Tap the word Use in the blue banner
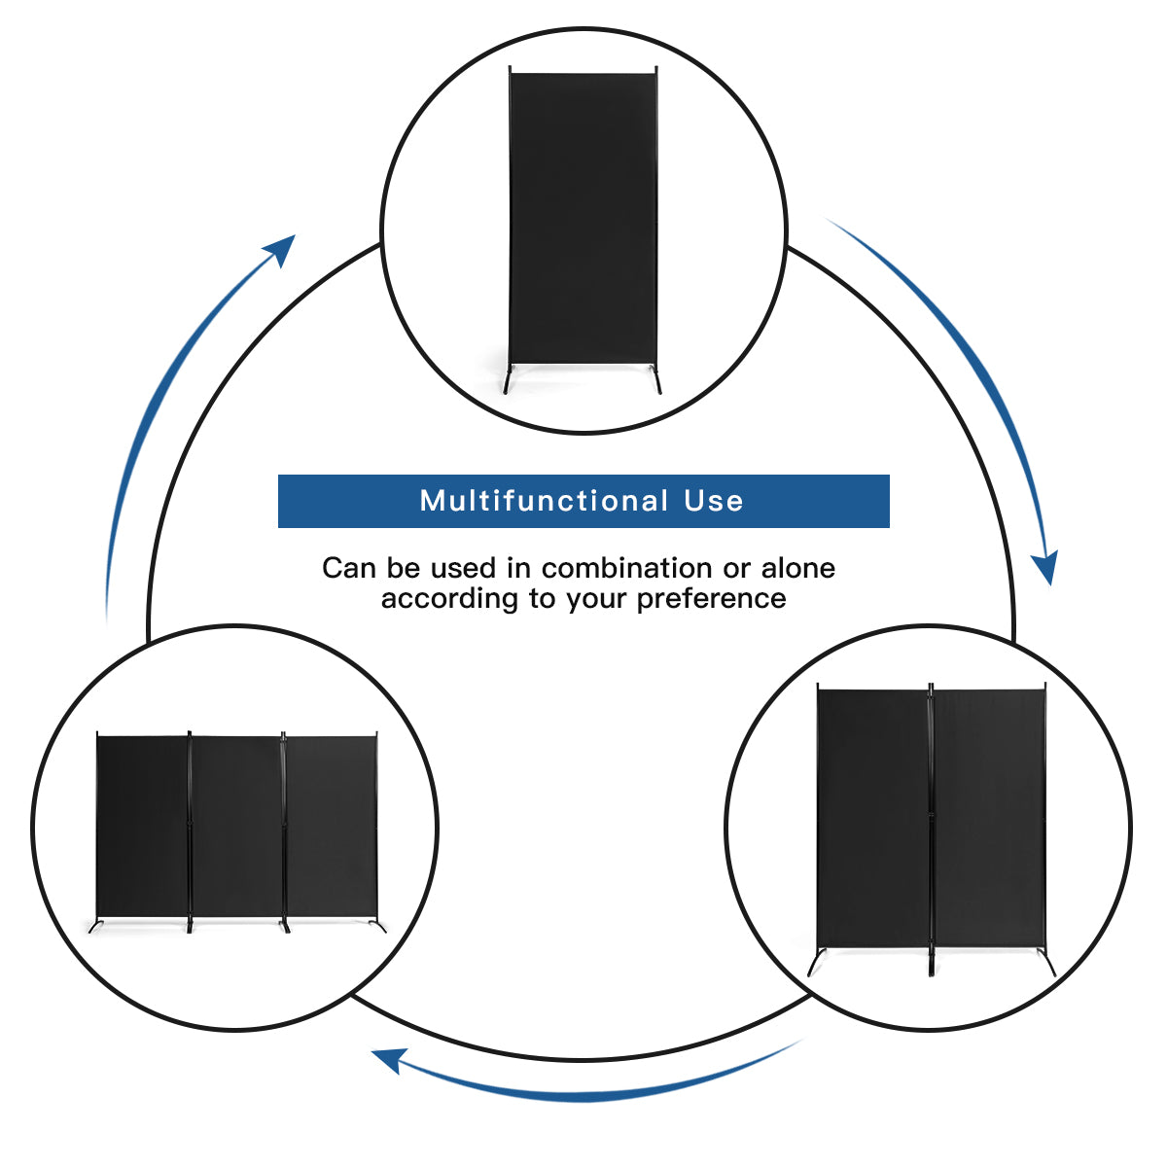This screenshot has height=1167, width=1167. tap(714, 501)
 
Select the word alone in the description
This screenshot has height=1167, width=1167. tap(797, 568)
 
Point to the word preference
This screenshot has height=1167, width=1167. tap(711, 598)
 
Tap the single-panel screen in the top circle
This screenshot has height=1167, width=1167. tap(583, 214)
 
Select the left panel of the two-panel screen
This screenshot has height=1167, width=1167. tap(872, 817)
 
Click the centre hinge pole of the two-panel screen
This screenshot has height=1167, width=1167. tap(931, 827)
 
